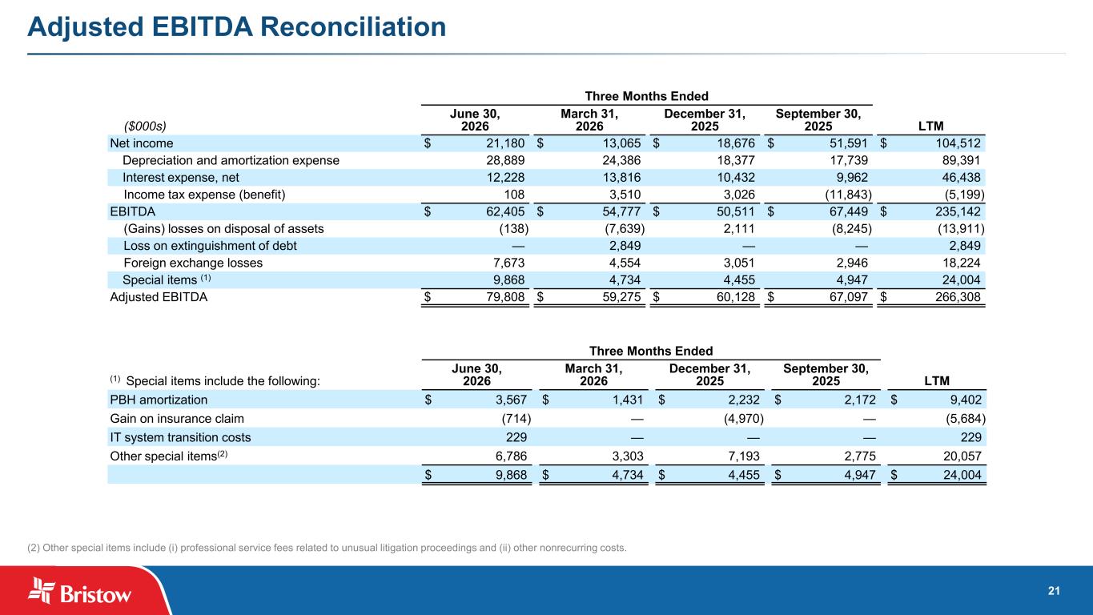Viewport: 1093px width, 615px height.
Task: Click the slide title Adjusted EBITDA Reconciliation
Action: (237, 27)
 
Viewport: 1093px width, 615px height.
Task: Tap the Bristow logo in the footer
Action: (79, 591)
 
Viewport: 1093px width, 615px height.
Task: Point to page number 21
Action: (1054, 591)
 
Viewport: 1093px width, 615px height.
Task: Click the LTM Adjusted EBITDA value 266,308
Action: (958, 297)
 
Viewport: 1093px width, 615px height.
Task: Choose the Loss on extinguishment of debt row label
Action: (210, 246)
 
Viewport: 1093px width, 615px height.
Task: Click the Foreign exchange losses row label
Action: (193, 263)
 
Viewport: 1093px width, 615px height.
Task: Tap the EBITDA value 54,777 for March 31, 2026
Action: (621, 212)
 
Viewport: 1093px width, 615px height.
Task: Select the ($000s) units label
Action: (145, 127)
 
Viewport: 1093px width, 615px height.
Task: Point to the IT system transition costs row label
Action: (180, 437)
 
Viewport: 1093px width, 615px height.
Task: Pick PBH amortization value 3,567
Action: (511, 400)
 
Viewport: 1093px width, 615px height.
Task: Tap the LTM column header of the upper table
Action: (931, 126)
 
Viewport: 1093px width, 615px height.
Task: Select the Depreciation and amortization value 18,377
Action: (736, 161)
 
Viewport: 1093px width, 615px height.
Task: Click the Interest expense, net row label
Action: (180, 178)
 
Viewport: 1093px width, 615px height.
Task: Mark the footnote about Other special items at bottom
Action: (327, 548)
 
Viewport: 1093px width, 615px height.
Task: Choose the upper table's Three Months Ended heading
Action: (646, 96)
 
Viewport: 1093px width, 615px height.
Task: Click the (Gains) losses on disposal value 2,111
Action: (739, 229)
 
